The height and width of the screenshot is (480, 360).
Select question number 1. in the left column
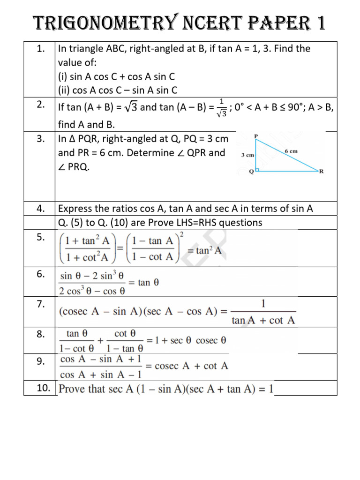pyautogui.click(x=40, y=48)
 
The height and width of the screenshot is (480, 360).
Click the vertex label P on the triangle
pyautogui.click(x=256, y=136)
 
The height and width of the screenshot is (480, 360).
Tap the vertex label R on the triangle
pyautogui.click(x=321, y=172)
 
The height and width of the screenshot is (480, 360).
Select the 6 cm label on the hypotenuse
pyautogui.click(x=291, y=151)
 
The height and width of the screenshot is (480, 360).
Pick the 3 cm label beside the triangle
pyautogui.click(x=248, y=155)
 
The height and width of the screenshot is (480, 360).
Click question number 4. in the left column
pyautogui.click(x=40, y=209)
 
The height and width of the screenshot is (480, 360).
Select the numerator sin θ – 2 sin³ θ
pyautogui.click(x=91, y=276)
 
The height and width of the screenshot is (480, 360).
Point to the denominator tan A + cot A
pyautogui.click(x=264, y=321)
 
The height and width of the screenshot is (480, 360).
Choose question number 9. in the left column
pyautogui.click(x=40, y=360)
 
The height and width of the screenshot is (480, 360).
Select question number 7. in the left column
pyautogui.click(x=40, y=304)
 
